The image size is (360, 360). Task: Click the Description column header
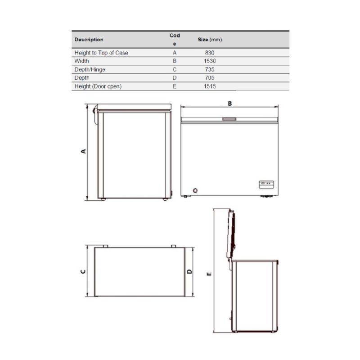pyautogui.click(x=89, y=40)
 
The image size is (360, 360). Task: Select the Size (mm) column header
pyautogui.click(x=210, y=40)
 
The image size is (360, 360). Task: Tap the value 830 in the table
pyautogui.click(x=210, y=53)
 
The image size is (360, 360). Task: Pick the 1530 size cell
pyautogui.click(x=210, y=61)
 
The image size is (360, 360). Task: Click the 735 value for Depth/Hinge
pyautogui.click(x=210, y=69)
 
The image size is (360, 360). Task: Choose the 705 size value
pyautogui.click(x=210, y=77)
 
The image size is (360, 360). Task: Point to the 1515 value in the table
pyautogui.click(x=210, y=86)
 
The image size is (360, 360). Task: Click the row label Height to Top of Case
pyautogui.click(x=101, y=53)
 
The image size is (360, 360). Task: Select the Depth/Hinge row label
pyautogui.click(x=90, y=69)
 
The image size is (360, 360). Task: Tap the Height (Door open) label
pyautogui.click(x=98, y=86)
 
